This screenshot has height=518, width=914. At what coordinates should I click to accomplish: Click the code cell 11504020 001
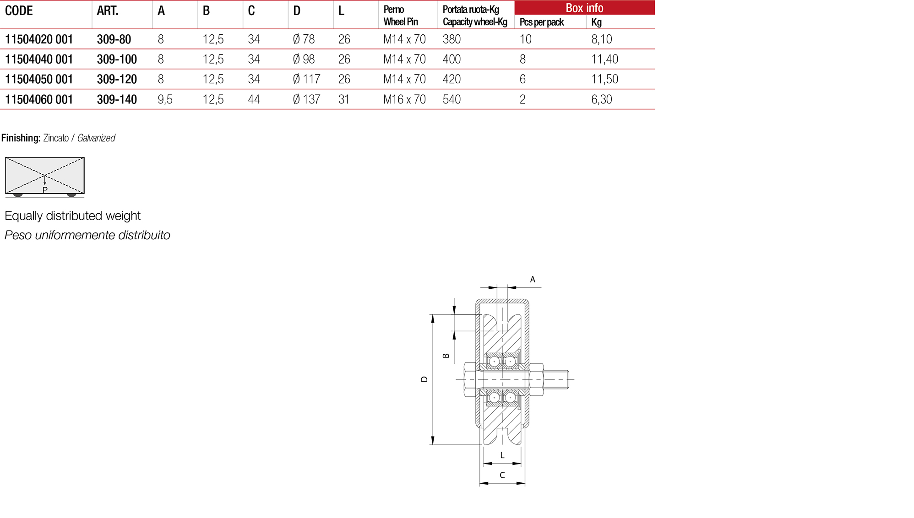39,39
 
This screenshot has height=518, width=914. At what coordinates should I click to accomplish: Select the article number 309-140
117,99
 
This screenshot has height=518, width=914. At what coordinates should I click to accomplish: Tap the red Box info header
584,8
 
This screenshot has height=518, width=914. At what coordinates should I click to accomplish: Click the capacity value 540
452,99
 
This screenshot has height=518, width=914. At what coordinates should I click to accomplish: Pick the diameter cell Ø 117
306,79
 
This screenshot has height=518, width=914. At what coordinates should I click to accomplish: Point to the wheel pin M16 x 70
404,99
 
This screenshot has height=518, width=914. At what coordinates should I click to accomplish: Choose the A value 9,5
165,99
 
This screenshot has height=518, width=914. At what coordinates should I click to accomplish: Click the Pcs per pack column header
542,22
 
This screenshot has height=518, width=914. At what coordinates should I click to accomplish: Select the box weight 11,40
604,59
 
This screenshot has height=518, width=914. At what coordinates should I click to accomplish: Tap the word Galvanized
96,138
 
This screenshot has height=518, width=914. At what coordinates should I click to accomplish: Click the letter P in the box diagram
45,190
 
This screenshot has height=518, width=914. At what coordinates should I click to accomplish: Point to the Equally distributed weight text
72,216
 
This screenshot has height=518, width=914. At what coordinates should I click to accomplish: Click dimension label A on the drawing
533,279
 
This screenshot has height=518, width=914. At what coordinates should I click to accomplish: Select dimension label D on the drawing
424,379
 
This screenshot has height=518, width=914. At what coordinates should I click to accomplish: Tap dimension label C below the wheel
502,475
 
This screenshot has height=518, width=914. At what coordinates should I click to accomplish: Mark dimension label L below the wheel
502,455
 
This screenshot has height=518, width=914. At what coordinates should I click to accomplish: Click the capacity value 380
452,39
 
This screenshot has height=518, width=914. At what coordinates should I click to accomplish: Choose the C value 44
254,99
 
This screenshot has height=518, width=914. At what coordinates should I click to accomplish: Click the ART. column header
108,11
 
